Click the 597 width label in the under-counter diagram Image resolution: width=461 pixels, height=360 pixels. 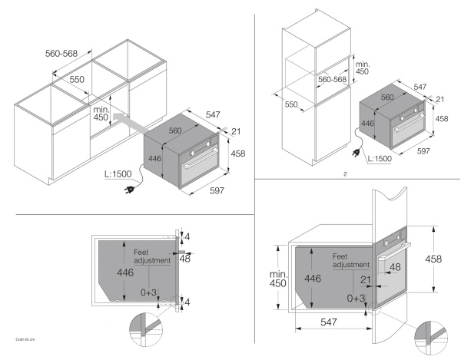(217, 190)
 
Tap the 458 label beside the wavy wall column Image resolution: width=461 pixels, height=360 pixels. (434, 259)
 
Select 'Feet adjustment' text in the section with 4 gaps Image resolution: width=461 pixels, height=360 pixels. (149, 256)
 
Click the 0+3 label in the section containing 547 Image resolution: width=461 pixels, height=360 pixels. (357, 297)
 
